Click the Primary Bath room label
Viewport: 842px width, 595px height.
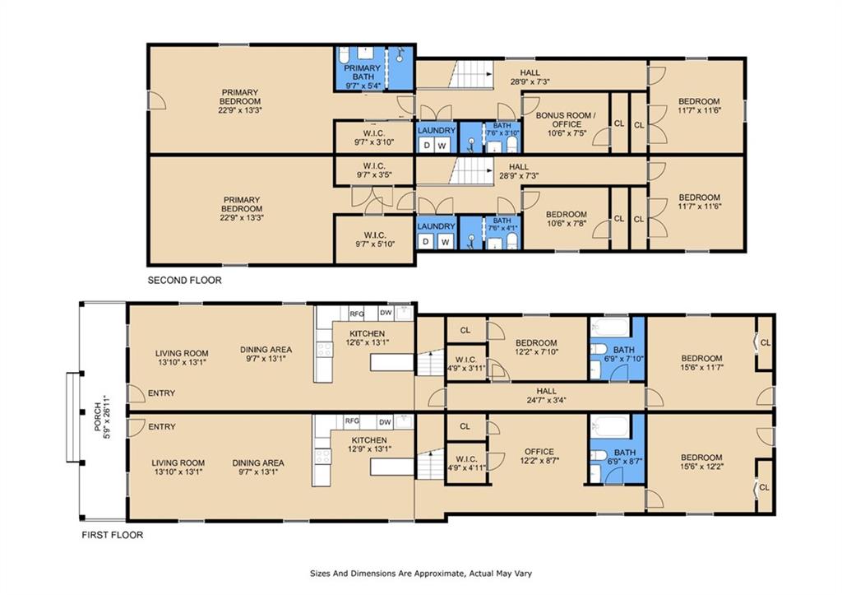[362, 77]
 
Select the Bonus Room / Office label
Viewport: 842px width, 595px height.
[566, 124]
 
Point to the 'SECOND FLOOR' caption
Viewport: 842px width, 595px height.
[184, 280]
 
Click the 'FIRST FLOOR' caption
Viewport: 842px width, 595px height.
[112, 535]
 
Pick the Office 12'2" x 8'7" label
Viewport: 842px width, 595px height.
[539, 456]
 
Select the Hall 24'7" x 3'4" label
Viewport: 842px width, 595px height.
[546, 396]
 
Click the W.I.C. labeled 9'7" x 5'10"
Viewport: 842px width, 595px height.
[375, 239]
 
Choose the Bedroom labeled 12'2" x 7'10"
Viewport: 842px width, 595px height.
[536, 347]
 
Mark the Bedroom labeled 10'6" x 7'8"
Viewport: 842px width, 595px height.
[566, 219]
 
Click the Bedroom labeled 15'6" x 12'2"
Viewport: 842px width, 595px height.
[701, 463]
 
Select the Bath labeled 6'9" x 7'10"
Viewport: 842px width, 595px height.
[624, 354]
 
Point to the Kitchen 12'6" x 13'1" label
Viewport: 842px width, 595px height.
[368, 337]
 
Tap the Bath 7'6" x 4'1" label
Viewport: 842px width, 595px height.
[502, 225]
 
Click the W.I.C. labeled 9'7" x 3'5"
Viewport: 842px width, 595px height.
[375, 170]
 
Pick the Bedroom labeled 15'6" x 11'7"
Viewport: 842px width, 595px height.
[702, 363]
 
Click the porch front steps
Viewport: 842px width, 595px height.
[73, 417]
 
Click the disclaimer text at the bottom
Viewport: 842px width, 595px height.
[421, 574]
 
